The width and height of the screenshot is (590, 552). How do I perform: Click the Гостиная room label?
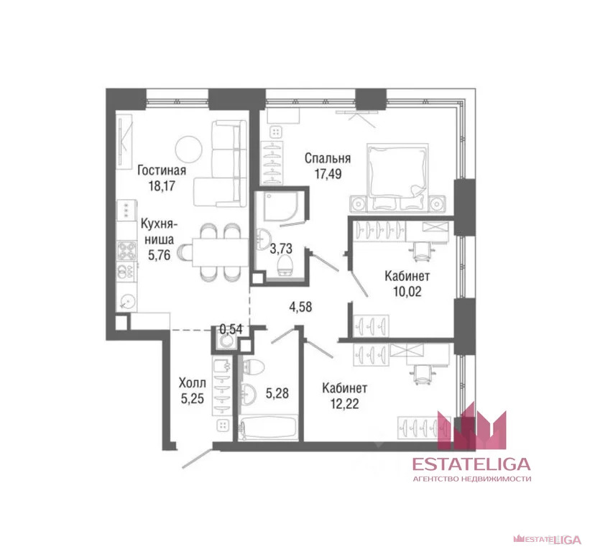(162, 170)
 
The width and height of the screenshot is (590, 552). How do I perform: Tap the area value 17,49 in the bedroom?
(328, 174)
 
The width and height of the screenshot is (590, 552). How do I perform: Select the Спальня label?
(328, 158)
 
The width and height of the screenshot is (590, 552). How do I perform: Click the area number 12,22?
(345, 404)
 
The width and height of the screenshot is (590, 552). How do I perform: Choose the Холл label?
(193, 383)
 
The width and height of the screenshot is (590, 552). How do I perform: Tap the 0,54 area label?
(231, 329)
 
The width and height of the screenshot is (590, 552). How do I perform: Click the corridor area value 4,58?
(300, 307)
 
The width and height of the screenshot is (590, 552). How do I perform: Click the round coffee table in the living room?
(188, 149)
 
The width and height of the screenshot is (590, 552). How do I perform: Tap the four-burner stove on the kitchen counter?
(126, 251)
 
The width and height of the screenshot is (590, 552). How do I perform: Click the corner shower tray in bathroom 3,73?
(283, 206)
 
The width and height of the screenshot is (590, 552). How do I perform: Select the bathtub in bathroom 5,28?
(268, 427)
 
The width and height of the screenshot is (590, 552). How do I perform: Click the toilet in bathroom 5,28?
(253, 367)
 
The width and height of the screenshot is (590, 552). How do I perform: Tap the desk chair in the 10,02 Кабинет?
(424, 251)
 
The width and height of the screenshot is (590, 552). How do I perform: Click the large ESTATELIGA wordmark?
(472, 464)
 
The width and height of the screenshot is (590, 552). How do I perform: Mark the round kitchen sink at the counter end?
(127, 302)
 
